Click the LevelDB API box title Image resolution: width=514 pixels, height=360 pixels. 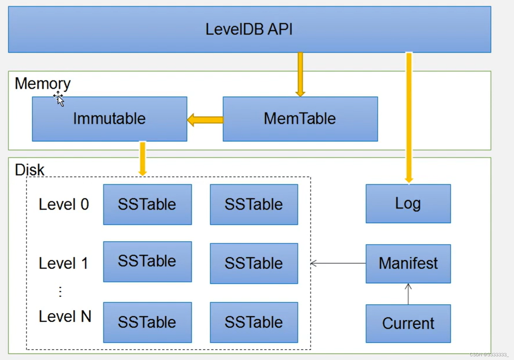click(x=249, y=29)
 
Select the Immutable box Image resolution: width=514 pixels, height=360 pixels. click(x=109, y=119)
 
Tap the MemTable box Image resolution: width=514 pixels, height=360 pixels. click(x=300, y=119)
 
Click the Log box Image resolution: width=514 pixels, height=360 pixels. click(x=408, y=204)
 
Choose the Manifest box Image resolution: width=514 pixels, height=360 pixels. click(x=408, y=264)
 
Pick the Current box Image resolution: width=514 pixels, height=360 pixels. click(x=408, y=323)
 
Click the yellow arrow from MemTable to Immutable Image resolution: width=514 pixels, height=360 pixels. click(x=205, y=120)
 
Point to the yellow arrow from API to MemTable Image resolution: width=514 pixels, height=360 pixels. click(x=300, y=74)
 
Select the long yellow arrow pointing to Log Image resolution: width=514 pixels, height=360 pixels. click(x=409, y=117)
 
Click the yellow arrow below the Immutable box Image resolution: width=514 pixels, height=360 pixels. click(x=143, y=158)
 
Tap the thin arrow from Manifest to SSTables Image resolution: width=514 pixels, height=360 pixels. click(x=338, y=263)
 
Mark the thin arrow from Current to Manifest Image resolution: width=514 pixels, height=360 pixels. click(x=408, y=294)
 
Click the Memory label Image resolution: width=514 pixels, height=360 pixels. click(x=42, y=84)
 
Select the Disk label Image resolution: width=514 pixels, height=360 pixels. click(x=29, y=170)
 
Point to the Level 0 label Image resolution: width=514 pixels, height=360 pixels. click(x=64, y=204)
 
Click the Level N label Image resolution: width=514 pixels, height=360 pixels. click(x=65, y=316)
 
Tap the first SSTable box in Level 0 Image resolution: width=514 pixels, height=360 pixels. click(x=147, y=204)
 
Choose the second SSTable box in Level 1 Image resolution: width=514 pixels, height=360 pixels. click(x=254, y=263)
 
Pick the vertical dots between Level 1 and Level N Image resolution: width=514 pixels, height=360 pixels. click(x=60, y=292)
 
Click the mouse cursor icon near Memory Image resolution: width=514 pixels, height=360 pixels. click(x=59, y=99)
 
